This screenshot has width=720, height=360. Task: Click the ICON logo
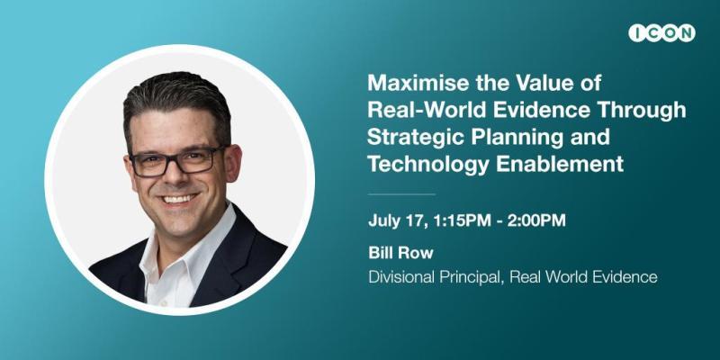pyautogui.click(x=661, y=33)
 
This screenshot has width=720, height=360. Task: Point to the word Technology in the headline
pyautogui.click(x=428, y=164)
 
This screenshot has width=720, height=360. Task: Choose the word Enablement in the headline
pyautogui.click(x=560, y=164)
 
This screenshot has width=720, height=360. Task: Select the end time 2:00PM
pyautogui.click(x=536, y=220)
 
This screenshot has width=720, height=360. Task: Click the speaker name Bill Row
pyautogui.click(x=400, y=253)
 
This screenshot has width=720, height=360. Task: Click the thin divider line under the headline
pyautogui.click(x=401, y=194)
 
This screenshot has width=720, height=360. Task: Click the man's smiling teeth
pyautogui.click(x=179, y=199)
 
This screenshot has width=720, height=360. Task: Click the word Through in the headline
pyautogui.click(x=649, y=110)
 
